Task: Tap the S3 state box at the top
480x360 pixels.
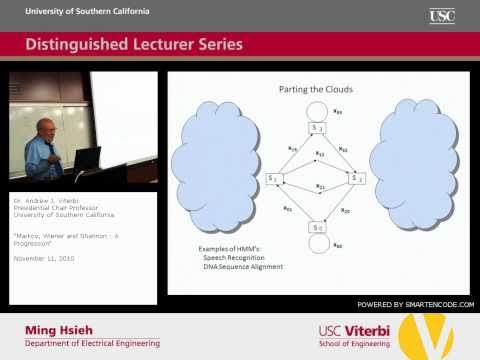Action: coord(316,127)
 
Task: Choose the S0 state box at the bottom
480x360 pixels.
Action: coord(316,228)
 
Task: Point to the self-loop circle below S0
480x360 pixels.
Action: coord(316,245)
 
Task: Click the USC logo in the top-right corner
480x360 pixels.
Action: coord(442,15)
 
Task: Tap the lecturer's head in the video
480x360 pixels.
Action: coord(47,128)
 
